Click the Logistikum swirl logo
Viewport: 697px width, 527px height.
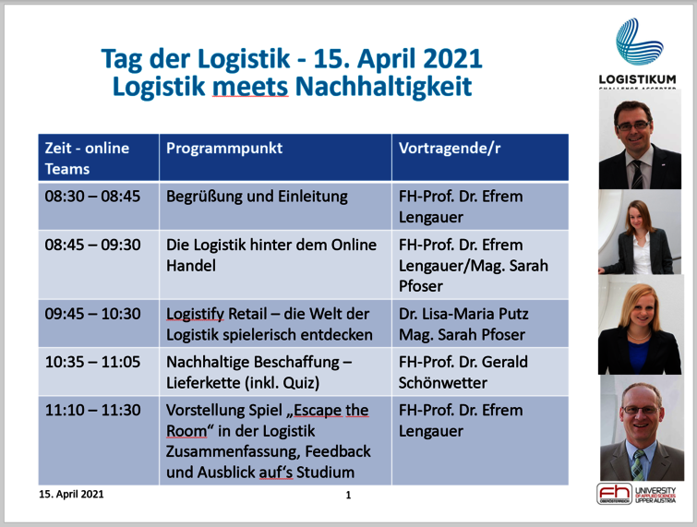pyautogui.click(x=639, y=42)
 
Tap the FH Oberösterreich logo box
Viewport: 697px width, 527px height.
pyautogui.click(x=614, y=494)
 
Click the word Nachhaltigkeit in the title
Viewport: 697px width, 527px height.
pyautogui.click(x=383, y=86)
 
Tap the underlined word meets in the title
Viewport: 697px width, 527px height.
pyautogui.click(x=250, y=86)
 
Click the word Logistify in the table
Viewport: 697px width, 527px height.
pyautogui.click(x=195, y=314)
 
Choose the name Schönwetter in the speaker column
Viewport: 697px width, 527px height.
pyautogui.click(x=443, y=383)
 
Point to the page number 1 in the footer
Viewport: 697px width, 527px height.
pyautogui.click(x=349, y=495)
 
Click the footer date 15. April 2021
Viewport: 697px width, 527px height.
pyautogui.click(x=72, y=494)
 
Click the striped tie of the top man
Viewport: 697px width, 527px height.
pyautogui.click(x=637, y=174)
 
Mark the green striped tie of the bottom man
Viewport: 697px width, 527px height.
pyautogui.click(x=638, y=464)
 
